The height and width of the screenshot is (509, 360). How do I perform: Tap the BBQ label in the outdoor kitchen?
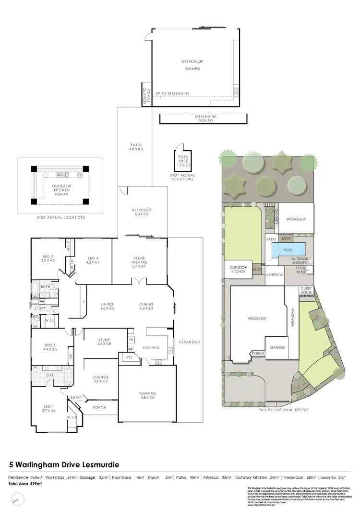pos(60,175)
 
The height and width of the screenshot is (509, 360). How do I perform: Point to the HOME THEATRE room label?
pos(139,261)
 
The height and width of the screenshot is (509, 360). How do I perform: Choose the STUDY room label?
pos(104,342)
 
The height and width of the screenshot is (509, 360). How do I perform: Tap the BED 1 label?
pos(49,409)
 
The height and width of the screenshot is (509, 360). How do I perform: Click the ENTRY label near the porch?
pos(76,397)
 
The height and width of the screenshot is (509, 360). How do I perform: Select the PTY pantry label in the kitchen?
pos(129,357)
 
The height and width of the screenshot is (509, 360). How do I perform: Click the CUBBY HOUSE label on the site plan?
pos(306,290)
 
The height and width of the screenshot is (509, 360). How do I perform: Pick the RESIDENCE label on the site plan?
pos(257,319)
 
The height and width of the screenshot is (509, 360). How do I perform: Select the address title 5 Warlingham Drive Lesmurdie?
pos(64,465)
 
